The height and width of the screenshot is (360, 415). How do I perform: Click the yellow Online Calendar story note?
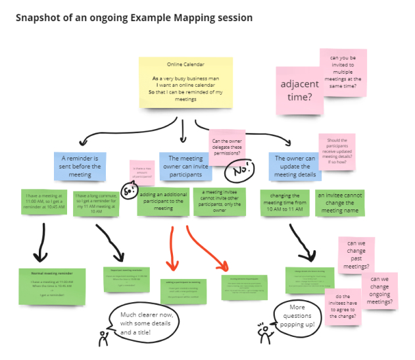(x=185, y=82)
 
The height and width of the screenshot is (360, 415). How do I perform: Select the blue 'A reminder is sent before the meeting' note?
(x=80, y=167)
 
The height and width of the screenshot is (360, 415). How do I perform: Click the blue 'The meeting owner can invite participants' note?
(x=185, y=167)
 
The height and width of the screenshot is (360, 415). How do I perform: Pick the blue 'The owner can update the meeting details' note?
(x=295, y=167)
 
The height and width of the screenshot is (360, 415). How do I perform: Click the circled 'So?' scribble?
(x=130, y=192)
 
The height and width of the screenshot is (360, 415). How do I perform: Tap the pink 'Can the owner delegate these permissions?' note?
(x=227, y=147)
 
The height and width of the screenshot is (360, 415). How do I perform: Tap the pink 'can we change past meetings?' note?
(x=356, y=256)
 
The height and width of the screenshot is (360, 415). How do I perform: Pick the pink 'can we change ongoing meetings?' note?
(x=380, y=290)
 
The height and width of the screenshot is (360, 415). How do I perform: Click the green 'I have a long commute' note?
(x=99, y=202)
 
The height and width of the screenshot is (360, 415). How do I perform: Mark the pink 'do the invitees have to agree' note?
(x=343, y=307)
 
